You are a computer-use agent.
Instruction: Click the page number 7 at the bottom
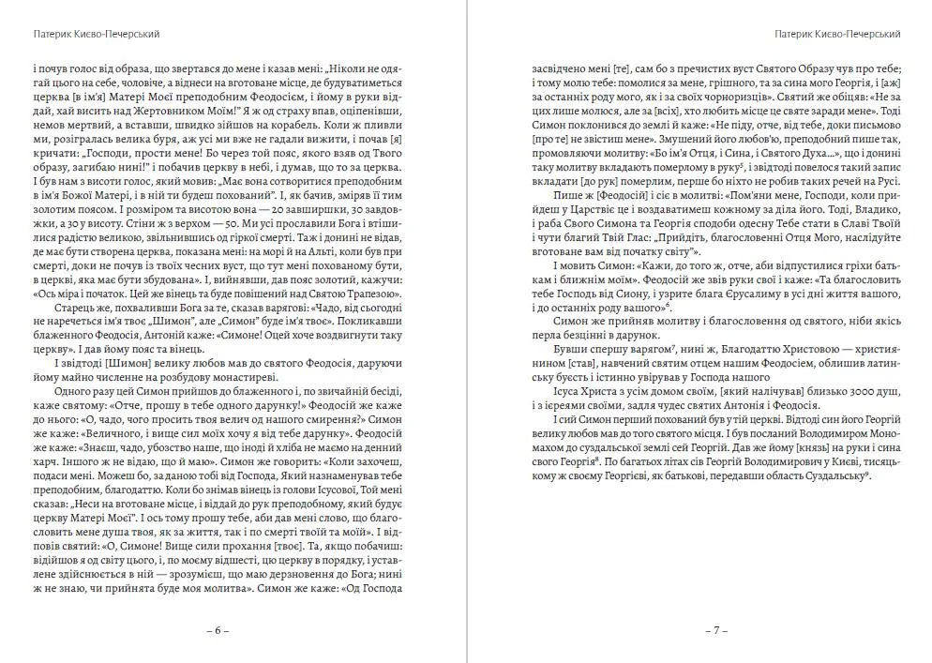pyautogui.click(x=716, y=630)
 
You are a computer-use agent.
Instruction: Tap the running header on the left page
pyautogui.click(x=97, y=34)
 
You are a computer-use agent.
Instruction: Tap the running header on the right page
pyautogui.click(x=839, y=34)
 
